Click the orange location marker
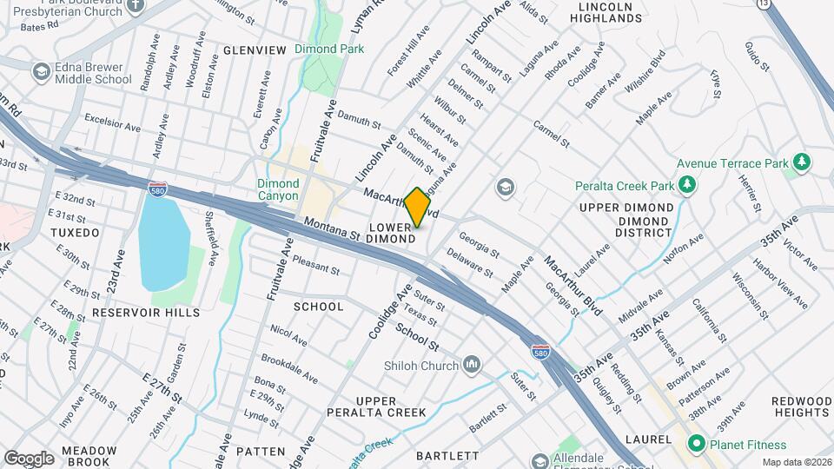[417, 207]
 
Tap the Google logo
[29, 458]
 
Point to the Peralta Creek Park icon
[687, 185]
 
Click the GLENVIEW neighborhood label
[255, 50]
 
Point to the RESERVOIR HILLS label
[145, 312]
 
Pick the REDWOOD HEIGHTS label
[800, 406]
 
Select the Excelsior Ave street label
[110, 127]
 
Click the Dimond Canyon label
[278, 190]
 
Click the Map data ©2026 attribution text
[797, 462]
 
